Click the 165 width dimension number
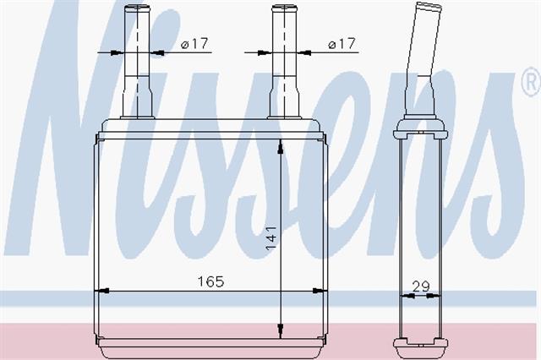[x=210, y=281]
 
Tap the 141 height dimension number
[x=270, y=238]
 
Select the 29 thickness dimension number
[x=421, y=286]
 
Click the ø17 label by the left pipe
[x=195, y=44]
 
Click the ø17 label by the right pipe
[x=342, y=44]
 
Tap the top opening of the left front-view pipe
[x=137, y=7]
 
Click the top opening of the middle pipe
[x=284, y=7]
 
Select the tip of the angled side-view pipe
[x=430, y=6]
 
